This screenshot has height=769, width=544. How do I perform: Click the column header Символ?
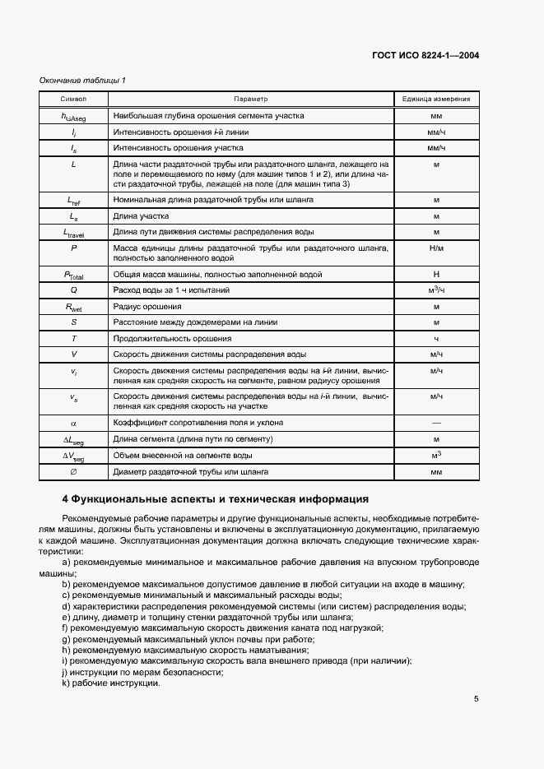point(74,99)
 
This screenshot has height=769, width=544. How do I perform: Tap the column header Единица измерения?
point(435,99)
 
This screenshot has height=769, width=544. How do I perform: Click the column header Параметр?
point(251,99)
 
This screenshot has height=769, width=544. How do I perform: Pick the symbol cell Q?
point(74,290)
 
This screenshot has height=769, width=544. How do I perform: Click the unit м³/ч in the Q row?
point(435,290)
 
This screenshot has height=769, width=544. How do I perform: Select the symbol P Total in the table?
point(74,275)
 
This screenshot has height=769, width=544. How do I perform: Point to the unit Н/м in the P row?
point(435,248)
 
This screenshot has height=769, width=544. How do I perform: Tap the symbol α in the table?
point(74,423)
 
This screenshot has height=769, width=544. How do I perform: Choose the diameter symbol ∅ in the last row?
point(74,472)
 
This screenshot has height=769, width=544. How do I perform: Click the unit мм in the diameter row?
point(435,472)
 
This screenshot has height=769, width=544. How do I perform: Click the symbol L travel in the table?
point(74,232)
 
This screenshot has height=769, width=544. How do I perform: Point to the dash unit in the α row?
point(435,423)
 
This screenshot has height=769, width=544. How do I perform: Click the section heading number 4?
point(66,499)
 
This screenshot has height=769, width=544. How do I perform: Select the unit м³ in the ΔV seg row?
point(435,455)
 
